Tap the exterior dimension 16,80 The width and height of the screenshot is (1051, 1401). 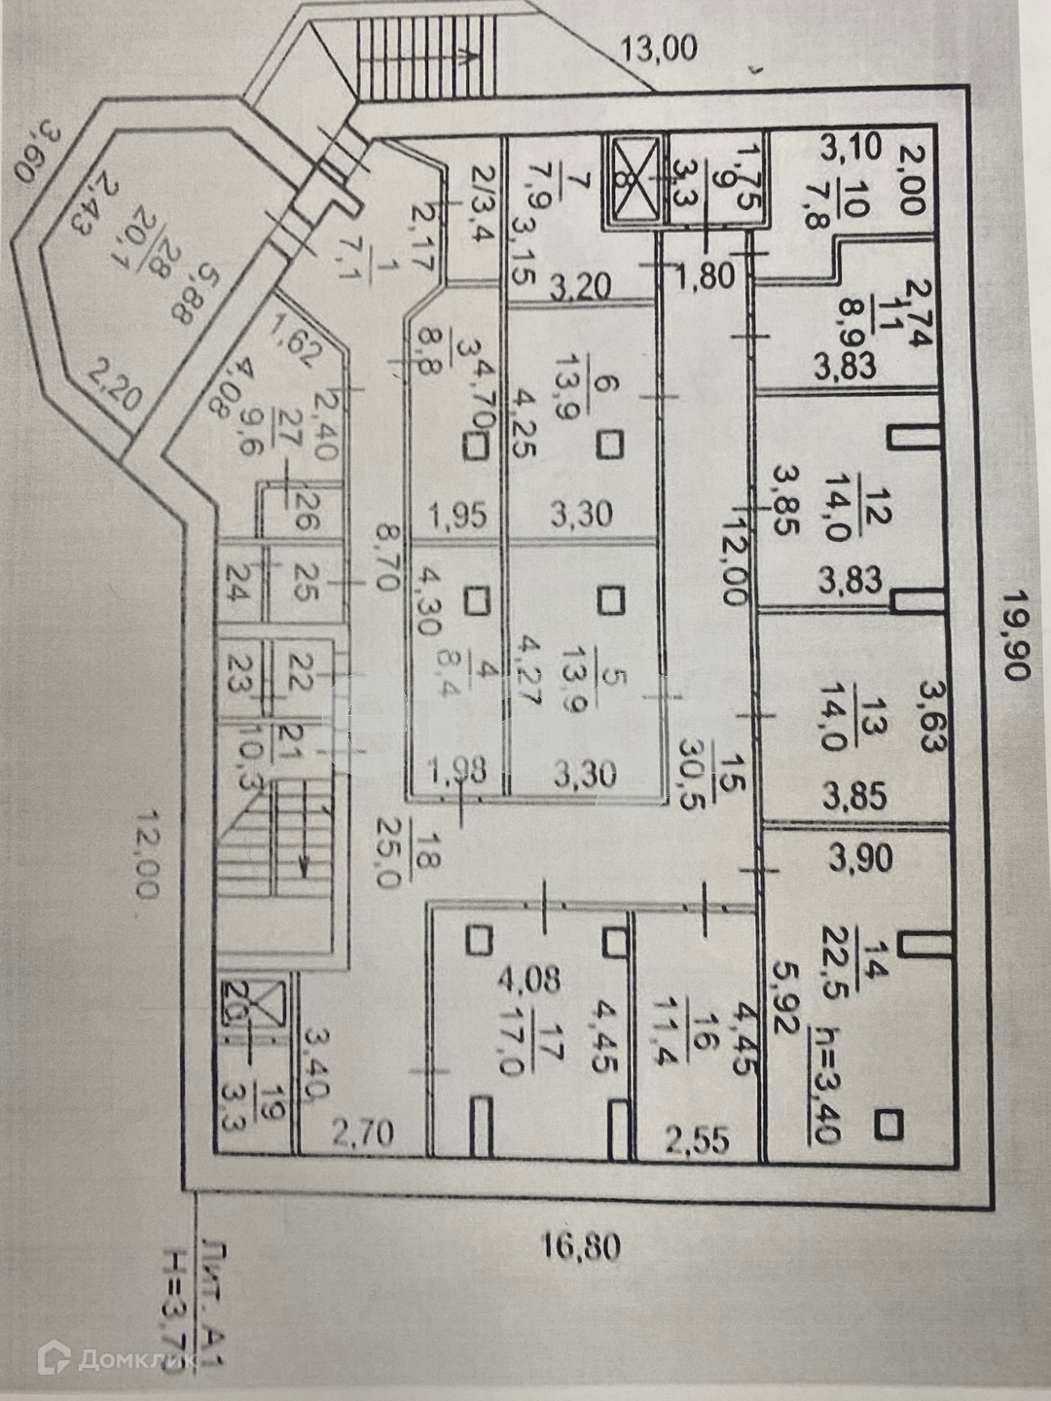(581, 1245)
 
